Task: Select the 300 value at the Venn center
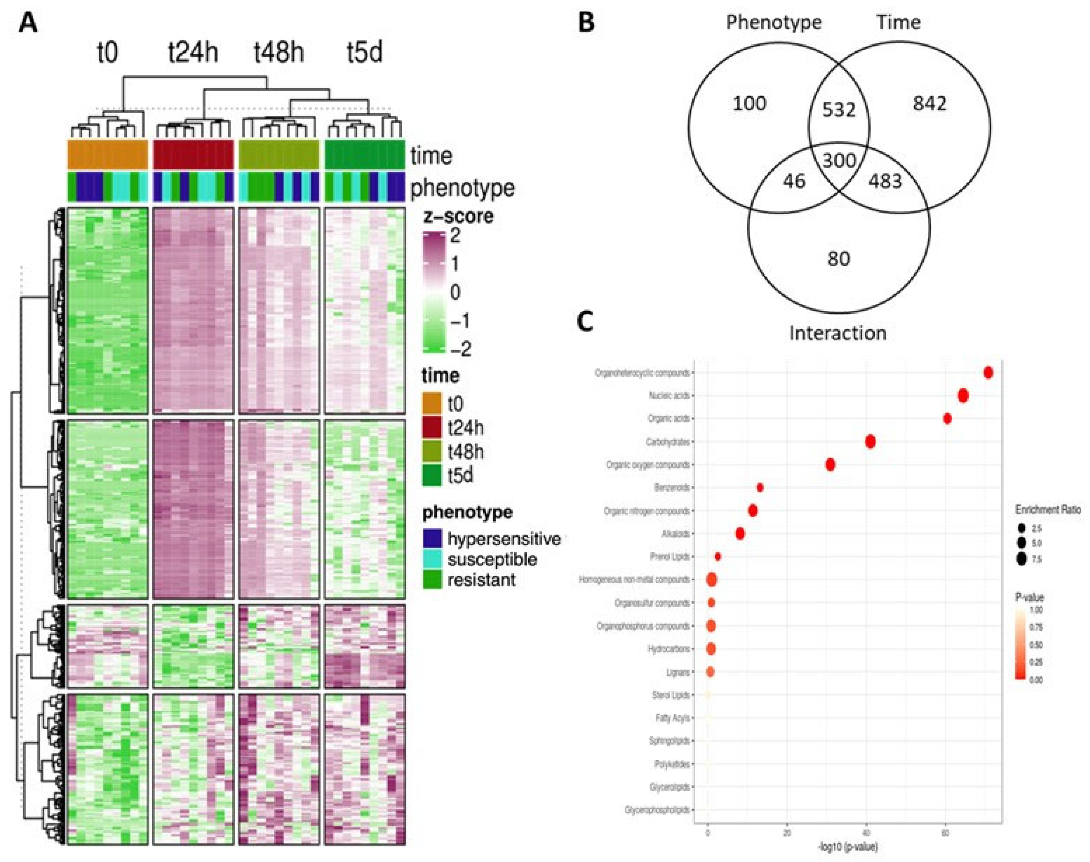(x=839, y=161)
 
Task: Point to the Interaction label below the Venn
(x=838, y=333)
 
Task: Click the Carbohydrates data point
(x=870, y=442)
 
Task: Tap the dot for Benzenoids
(x=760, y=487)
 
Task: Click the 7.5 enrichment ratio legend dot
(x=1022, y=559)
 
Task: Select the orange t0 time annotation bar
(x=108, y=155)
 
